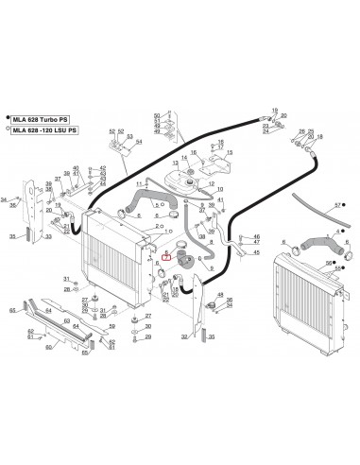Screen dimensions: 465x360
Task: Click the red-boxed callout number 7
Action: pos(168,255)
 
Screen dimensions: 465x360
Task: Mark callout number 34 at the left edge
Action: pos(5,199)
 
